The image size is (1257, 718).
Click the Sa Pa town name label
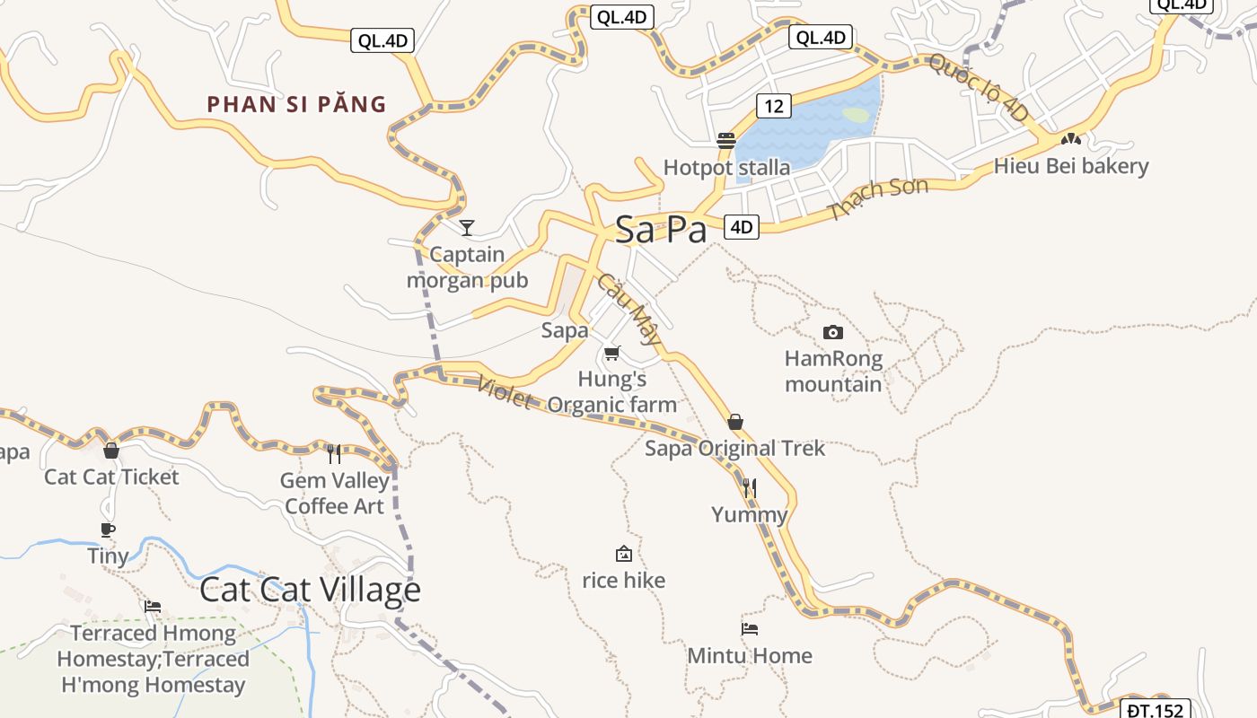tap(661, 230)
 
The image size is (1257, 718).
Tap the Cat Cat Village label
tap(310, 590)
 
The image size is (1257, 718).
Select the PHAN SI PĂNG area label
tap(297, 104)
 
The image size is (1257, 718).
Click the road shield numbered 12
tap(773, 106)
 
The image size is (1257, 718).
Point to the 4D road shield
tap(741, 227)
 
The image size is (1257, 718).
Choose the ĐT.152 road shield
tap(1156, 710)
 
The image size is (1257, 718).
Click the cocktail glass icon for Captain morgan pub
tap(467, 227)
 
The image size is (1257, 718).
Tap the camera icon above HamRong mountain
tap(833, 332)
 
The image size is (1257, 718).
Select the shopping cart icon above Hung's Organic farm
tap(612, 353)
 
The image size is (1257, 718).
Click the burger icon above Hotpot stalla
tap(726, 141)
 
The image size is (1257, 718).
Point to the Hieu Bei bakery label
tap(1071, 166)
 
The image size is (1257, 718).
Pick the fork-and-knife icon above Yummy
tap(750, 488)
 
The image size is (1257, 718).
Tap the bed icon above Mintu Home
tap(750, 629)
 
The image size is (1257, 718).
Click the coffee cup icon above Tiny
tap(108, 530)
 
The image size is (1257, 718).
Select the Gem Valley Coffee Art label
tap(335, 493)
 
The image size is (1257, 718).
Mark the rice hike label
tap(624, 581)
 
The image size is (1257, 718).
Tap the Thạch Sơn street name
tap(877, 198)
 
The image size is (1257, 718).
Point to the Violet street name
tap(505, 391)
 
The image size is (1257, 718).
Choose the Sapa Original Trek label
tap(734, 448)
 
